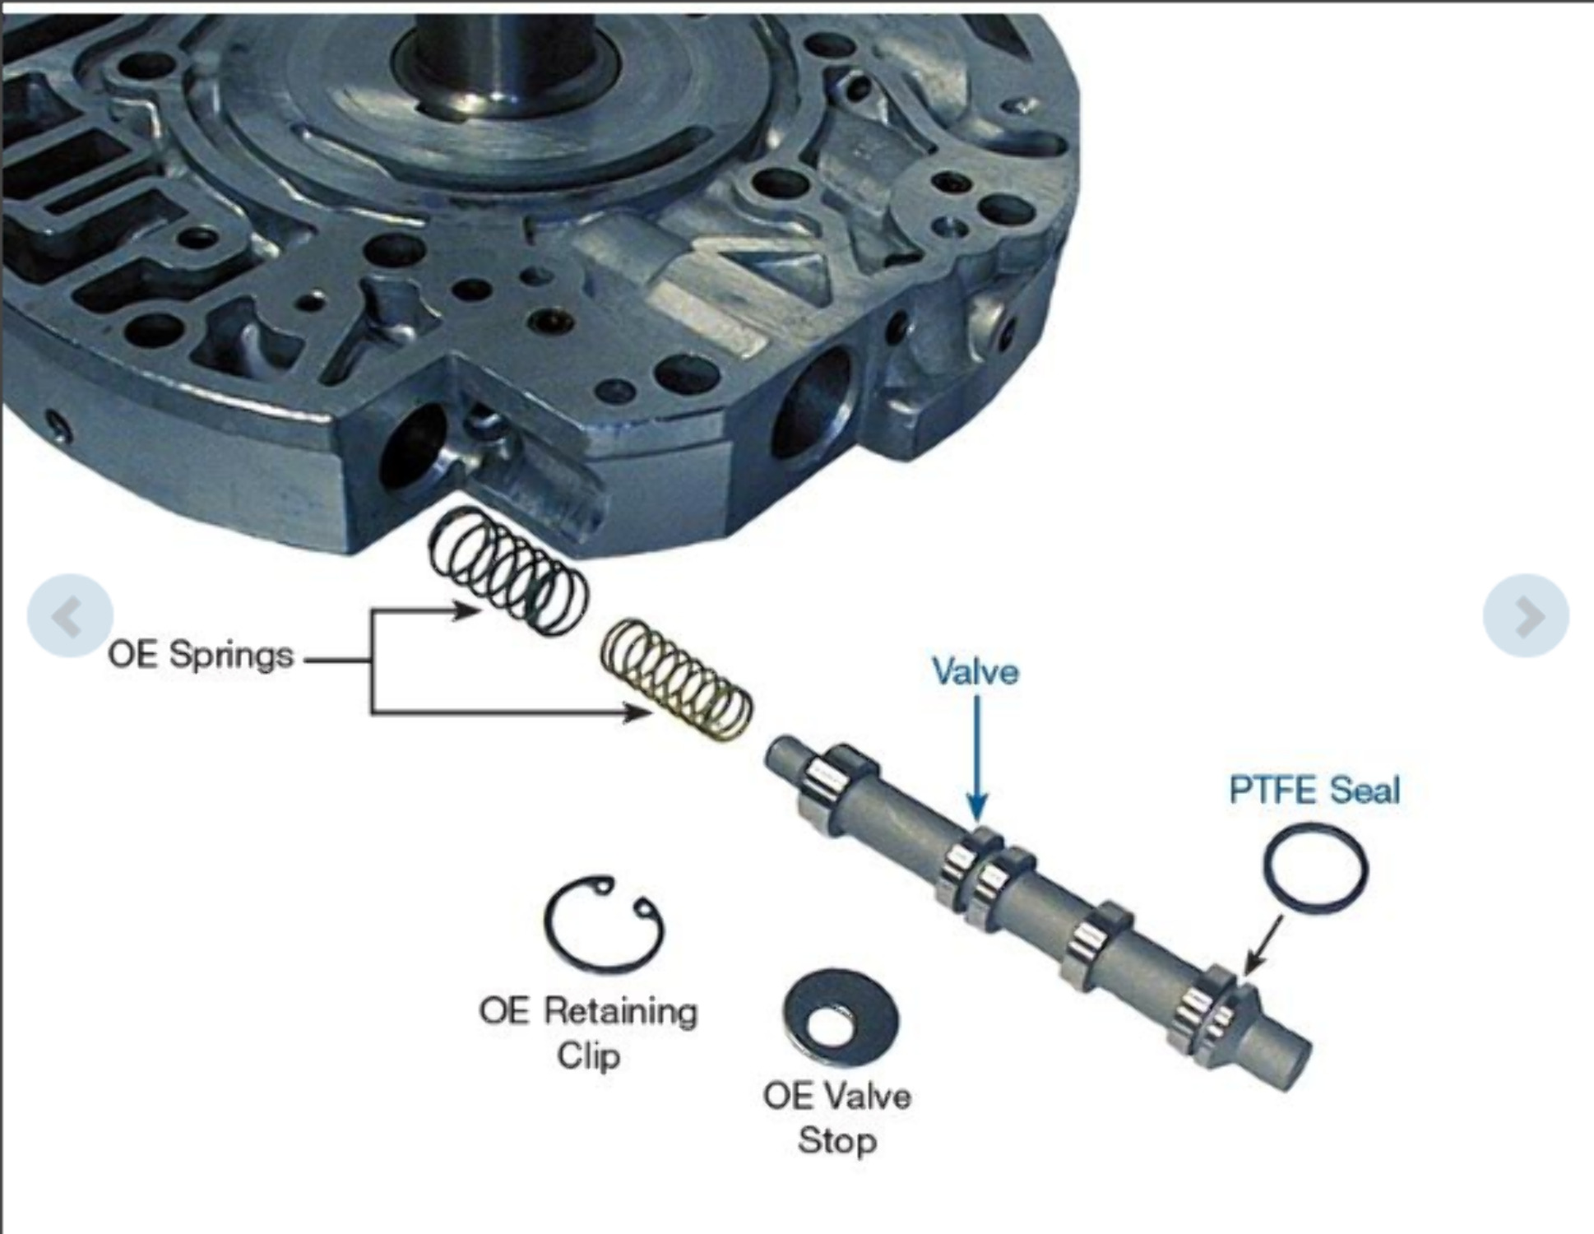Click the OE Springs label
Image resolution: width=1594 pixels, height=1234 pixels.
tap(201, 656)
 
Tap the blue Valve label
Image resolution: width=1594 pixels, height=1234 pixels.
tap(975, 672)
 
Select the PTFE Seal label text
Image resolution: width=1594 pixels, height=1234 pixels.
tap(1314, 790)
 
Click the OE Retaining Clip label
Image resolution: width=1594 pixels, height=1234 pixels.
tap(588, 1032)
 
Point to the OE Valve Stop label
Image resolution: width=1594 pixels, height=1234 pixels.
tap(836, 1118)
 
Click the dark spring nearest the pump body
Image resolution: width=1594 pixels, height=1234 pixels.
tap(509, 571)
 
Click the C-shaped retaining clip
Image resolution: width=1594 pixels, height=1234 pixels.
tap(605, 925)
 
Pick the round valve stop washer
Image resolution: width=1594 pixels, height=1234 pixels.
tap(841, 1018)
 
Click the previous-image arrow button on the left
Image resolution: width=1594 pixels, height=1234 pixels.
tap(69, 615)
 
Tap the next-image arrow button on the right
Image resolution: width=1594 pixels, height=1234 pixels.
tap(1526, 615)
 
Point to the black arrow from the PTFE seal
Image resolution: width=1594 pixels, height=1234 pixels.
tap(1263, 946)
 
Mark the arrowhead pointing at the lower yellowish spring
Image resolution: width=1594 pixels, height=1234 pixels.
tap(637, 712)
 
